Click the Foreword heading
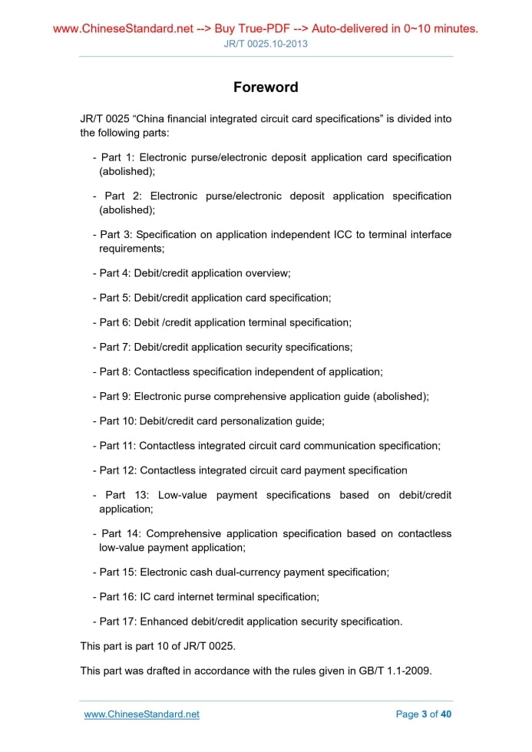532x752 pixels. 266,87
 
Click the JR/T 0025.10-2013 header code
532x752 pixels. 266,44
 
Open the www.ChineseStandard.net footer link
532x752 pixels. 141,714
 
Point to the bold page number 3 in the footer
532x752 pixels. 425,714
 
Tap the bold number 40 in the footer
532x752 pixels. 446,714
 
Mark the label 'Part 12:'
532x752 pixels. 118,470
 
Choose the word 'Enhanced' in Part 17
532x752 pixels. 164,622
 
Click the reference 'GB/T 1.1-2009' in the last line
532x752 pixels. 395,671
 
